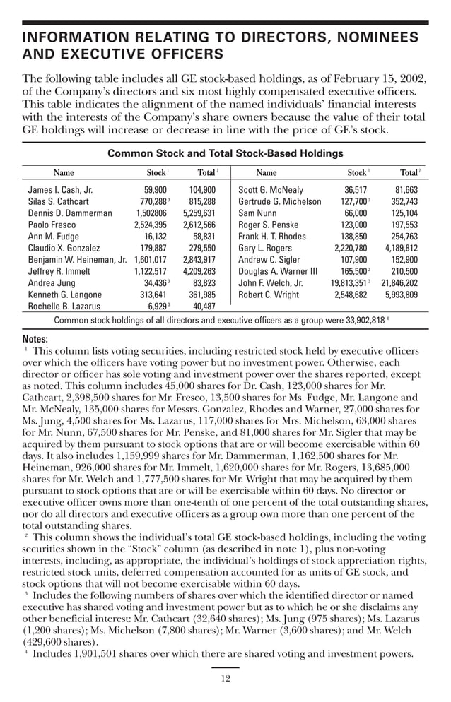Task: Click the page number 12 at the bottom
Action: click(225, 679)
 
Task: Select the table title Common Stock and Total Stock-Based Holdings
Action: click(225, 153)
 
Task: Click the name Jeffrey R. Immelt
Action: click(58, 271)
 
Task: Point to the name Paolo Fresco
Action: click(52, 225)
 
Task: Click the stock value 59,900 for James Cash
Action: click(155, 190)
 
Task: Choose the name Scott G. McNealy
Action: click(271, 190)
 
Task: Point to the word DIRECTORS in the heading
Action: click(271, 37)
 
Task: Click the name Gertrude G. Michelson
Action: click(280, 201)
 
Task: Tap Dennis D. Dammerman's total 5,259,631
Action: click(199, 213)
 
